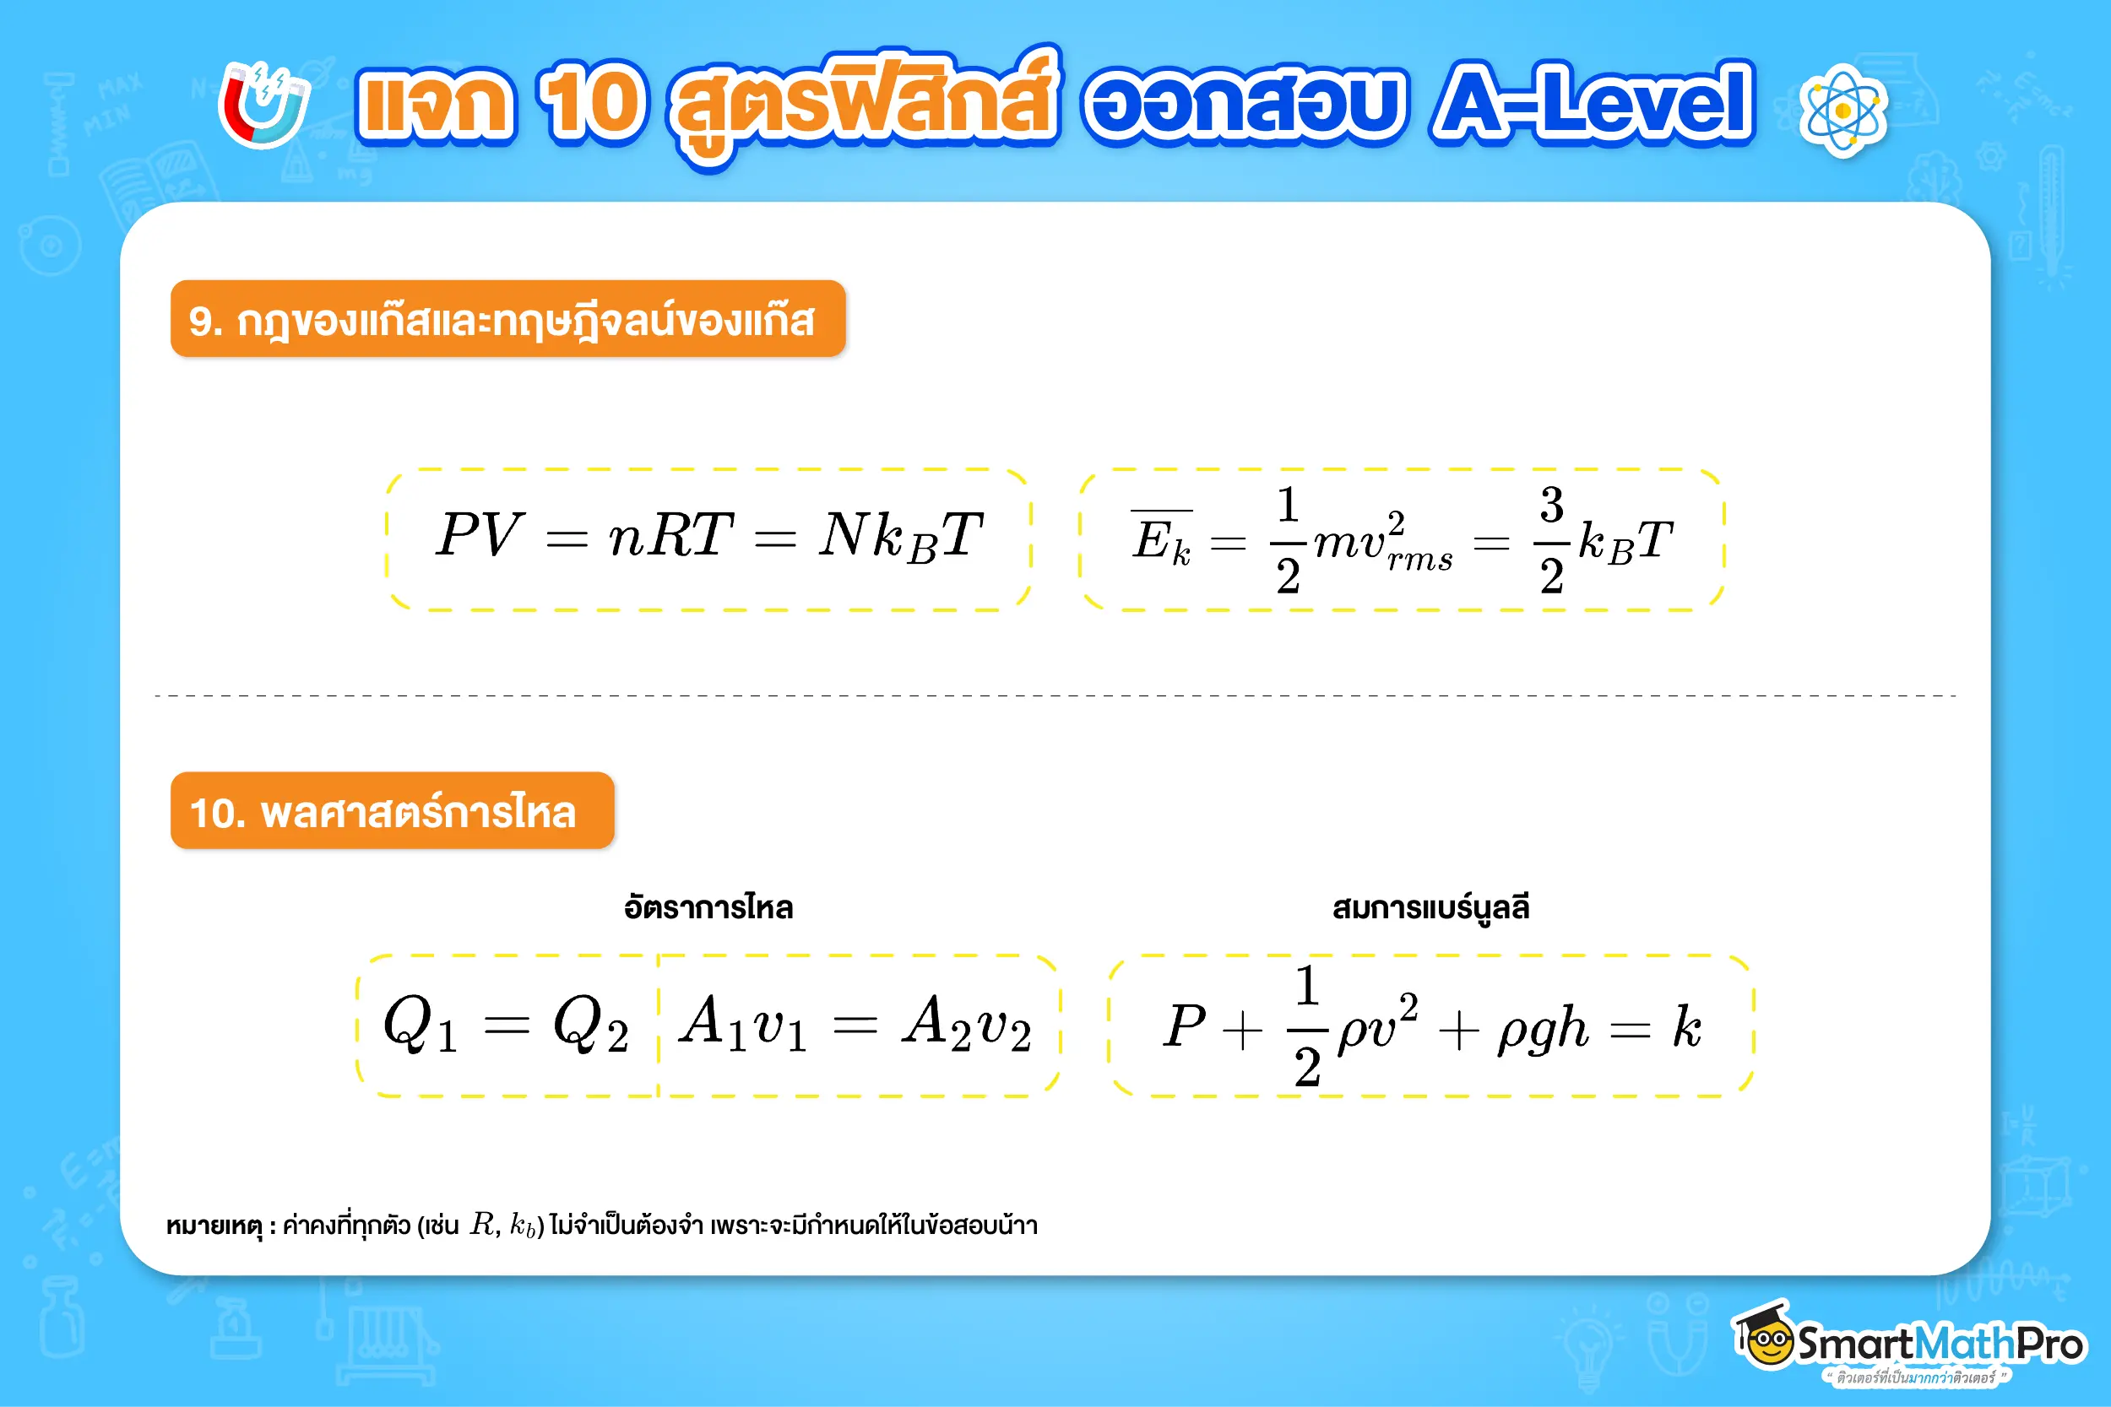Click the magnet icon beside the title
pos(263,105)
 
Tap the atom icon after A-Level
pos(1842,111)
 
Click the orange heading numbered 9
pos(507,319)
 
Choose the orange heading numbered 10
pos(392,811)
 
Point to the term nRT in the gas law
pos(670,536)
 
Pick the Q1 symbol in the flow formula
pos(420,1025)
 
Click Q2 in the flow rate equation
pos(589,1025)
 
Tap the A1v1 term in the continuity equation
pos(742,1025)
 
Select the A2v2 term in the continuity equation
pos(966,1025)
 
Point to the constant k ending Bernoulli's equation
pos(1686,1025)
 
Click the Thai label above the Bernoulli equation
pos(1430,908)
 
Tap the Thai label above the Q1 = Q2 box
pos(708,908)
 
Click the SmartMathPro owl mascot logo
pos(1765,1337)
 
